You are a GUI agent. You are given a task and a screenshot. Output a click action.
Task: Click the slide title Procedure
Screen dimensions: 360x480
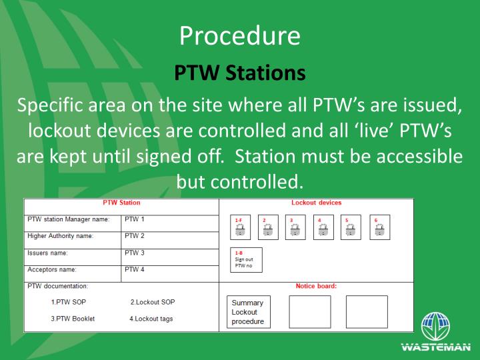tap(240, 36)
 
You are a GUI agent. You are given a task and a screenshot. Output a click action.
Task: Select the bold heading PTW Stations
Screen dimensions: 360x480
tap(240, 73)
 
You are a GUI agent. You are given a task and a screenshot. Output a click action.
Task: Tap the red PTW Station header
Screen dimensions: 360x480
tap(121, 202)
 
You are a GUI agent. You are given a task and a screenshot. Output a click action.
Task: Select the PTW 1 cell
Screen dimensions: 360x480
tap(135, 219)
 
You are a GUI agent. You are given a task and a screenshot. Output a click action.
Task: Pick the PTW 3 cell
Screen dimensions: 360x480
tap(135, 253)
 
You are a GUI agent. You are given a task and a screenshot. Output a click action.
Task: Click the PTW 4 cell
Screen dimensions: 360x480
tap(135, 270)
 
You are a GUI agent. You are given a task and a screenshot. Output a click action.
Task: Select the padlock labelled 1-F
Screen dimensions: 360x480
tap(240, 227)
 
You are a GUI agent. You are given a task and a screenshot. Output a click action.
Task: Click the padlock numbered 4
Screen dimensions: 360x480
tap(323, 227)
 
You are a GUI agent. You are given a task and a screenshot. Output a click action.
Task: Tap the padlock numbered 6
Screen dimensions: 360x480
tap(379, 227)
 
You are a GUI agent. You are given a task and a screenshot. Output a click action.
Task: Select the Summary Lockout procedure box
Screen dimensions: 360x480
tap(247, 312)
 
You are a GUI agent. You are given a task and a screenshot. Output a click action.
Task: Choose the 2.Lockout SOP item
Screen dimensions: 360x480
tap(153, 302)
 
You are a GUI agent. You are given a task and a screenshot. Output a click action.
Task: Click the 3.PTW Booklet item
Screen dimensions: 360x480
tap(73, 319)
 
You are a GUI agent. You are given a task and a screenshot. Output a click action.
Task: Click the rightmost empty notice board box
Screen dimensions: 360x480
tap(366, 311)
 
